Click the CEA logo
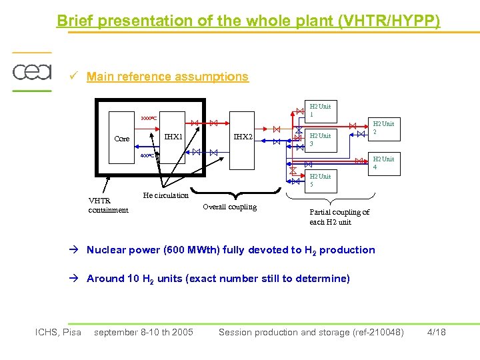click(31, 71)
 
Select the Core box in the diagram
click(122, 139)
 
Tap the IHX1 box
click(173, 137)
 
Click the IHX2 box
click(243, 137)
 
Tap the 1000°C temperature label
click(148, 119)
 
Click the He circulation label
click(166, 195)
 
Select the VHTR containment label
click(108, 205)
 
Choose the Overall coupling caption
click(229, 207)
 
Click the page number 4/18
click(435, 332)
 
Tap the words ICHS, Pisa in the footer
click(58, 332)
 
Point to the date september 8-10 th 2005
click(143, 332)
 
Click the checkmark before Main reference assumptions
click(75, 77)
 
